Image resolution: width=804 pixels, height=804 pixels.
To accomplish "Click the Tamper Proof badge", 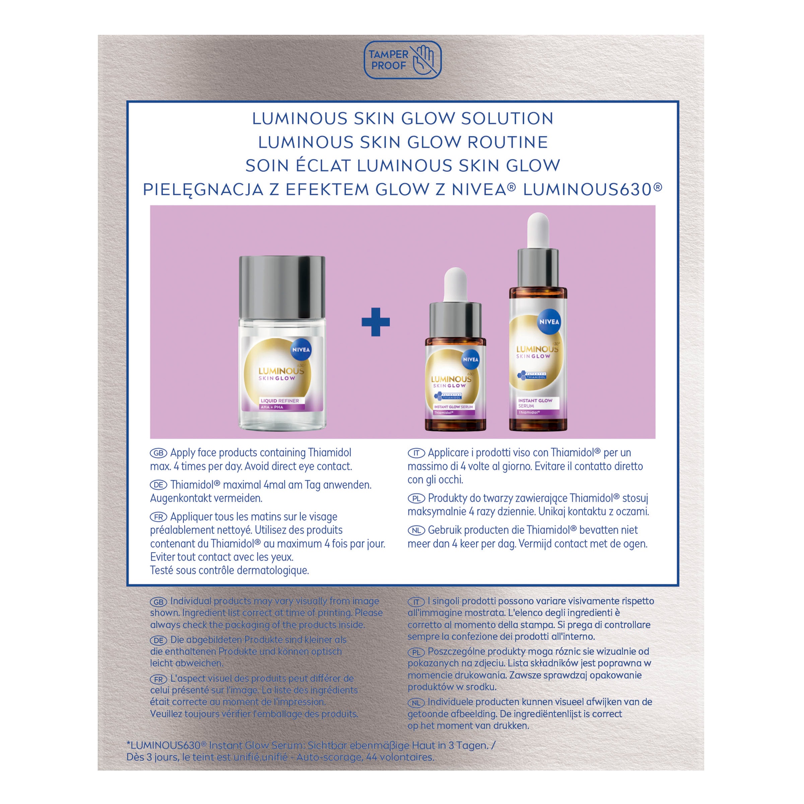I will (x=402, y=60).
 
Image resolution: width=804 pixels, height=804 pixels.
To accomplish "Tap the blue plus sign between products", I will (x=375, y=322).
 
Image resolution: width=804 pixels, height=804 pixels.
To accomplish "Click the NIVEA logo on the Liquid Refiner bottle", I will (x=301, y=349).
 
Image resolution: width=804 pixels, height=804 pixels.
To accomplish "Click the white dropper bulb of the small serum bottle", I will (x=455, y=285).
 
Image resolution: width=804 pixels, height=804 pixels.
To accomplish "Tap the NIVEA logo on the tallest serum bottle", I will (x=549, y=322).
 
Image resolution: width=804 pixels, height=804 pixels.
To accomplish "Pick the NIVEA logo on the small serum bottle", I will (x=471, y=359).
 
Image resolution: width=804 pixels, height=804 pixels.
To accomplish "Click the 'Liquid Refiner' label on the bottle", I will (x=280, y=401).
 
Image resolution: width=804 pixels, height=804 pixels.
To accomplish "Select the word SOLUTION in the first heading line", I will (x=507, y=119).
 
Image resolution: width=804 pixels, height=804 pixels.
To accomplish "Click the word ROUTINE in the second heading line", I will (x=507, y=142).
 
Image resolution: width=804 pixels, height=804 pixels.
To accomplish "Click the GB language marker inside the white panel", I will (x=158, y=453).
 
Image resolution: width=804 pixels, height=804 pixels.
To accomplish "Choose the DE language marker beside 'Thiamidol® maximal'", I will (x=158, y=485).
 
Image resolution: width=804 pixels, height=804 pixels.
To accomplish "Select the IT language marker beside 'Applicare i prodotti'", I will (x=416, y=453).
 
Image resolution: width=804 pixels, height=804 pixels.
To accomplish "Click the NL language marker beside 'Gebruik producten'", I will (x=416, y=530).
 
